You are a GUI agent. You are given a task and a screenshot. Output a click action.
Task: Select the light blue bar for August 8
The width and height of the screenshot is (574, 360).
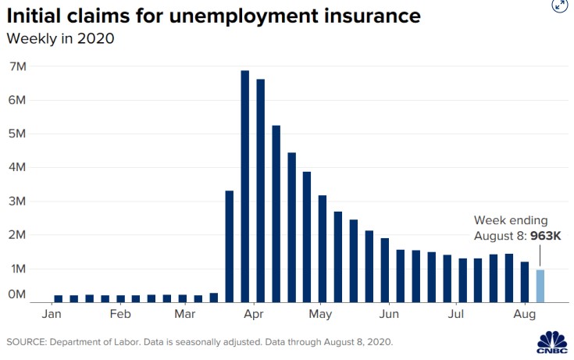point(540,286)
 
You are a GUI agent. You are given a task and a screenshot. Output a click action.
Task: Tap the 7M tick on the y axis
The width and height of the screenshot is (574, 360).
point(17,66)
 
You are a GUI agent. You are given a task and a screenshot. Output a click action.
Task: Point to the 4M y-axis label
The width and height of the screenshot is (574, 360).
point(17,167)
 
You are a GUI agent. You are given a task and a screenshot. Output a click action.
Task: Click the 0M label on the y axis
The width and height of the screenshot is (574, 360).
point(17,294)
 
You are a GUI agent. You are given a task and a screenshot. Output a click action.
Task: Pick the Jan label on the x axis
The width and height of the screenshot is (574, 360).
point(52,314)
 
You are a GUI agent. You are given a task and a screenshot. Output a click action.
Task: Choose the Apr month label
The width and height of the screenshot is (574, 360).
point(252,314)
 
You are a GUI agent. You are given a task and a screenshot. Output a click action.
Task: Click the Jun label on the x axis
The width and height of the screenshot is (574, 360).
point(390,314)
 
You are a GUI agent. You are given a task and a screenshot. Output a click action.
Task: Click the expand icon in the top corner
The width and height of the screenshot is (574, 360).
point(559,5)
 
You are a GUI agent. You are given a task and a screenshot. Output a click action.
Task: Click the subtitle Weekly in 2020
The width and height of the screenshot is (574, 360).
point(60,37)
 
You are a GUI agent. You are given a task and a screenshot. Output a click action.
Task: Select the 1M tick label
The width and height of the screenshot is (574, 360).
point(17,268)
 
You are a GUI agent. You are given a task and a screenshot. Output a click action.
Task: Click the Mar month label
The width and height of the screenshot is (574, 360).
point(185,314)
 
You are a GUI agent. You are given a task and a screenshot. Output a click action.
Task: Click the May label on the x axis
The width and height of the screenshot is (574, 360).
point(320,314)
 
